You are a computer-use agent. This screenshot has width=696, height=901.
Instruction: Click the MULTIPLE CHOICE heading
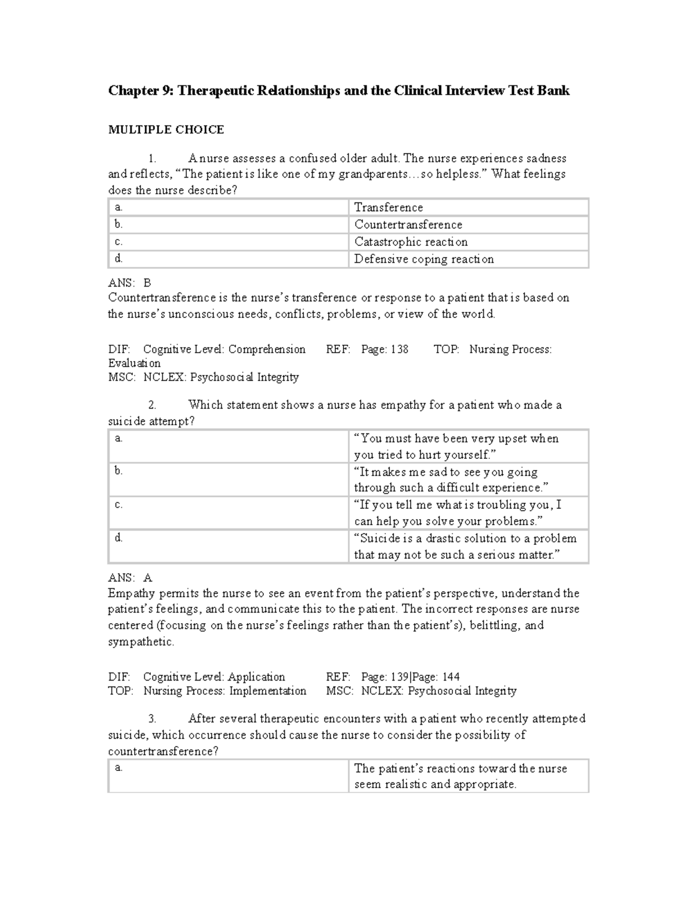pyautogui.click(x=166, y=130)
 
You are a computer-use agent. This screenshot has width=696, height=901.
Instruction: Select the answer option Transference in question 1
pyautogui.click(x=389, y=208)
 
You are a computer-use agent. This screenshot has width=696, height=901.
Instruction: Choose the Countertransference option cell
pyautogui.click(x=408, y=225)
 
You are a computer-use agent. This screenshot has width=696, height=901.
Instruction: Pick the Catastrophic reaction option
pyautogui.click(x=411, y=242)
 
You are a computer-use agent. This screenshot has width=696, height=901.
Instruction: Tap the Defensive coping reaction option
pyautogui.click(x=424, y=259)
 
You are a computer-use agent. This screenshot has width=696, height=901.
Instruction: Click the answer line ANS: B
pyautogui.click(x=129, y=283)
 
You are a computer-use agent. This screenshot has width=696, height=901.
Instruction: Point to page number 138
pyautogui.click(x=399, y=349)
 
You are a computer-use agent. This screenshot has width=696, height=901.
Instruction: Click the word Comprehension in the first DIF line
pyautogui.click(x=267, y=349)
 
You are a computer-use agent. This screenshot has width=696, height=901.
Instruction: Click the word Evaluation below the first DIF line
pyautogui.click(x=135, y=363)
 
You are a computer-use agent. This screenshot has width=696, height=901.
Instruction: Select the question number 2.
pyautogui.click(x=152, y=406)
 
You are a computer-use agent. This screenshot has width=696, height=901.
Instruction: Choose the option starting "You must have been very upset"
pyautogui.click(x=456, y=447)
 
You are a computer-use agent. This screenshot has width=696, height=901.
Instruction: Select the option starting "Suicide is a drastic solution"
pyautogui.click(x=465, y=547)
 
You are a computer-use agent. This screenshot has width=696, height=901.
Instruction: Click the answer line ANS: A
pyautogui.click(x=130, y=578)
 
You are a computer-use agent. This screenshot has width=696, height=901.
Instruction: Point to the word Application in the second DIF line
pyautogui.click(x=256, y=677)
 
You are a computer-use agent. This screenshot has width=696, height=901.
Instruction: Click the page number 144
pyautogui.click(x=451, y=677)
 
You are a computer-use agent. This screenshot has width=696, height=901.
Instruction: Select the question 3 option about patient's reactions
pyautogui.click(x=461, y=776)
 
